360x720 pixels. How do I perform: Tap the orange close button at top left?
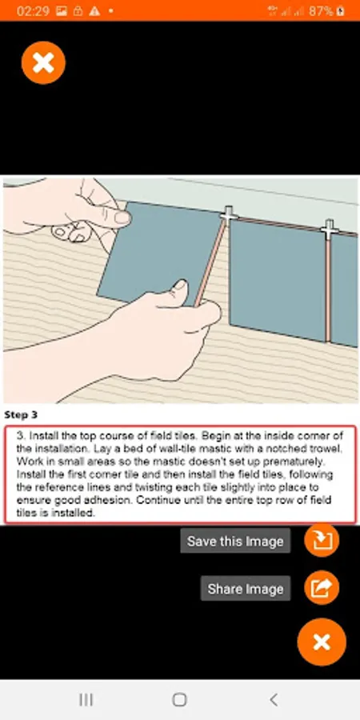click(44, 62)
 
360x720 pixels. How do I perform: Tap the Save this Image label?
click(235, 541)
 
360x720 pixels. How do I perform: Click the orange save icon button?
click(322, 540)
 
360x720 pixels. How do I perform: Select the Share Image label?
click(246, 589)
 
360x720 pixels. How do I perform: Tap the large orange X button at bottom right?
click(322, 642)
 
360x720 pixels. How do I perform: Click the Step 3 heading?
click(21, 415)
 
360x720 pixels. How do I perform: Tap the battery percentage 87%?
click(321, 11)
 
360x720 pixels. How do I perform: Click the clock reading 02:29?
click(33, 11)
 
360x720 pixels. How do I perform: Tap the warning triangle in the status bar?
click(94, 11)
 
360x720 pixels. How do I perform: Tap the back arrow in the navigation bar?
click(274, 699)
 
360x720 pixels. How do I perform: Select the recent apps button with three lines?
click(86, 699)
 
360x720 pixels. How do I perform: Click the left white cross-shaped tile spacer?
click(229, 214)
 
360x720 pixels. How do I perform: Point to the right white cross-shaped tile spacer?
click(330, 230)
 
